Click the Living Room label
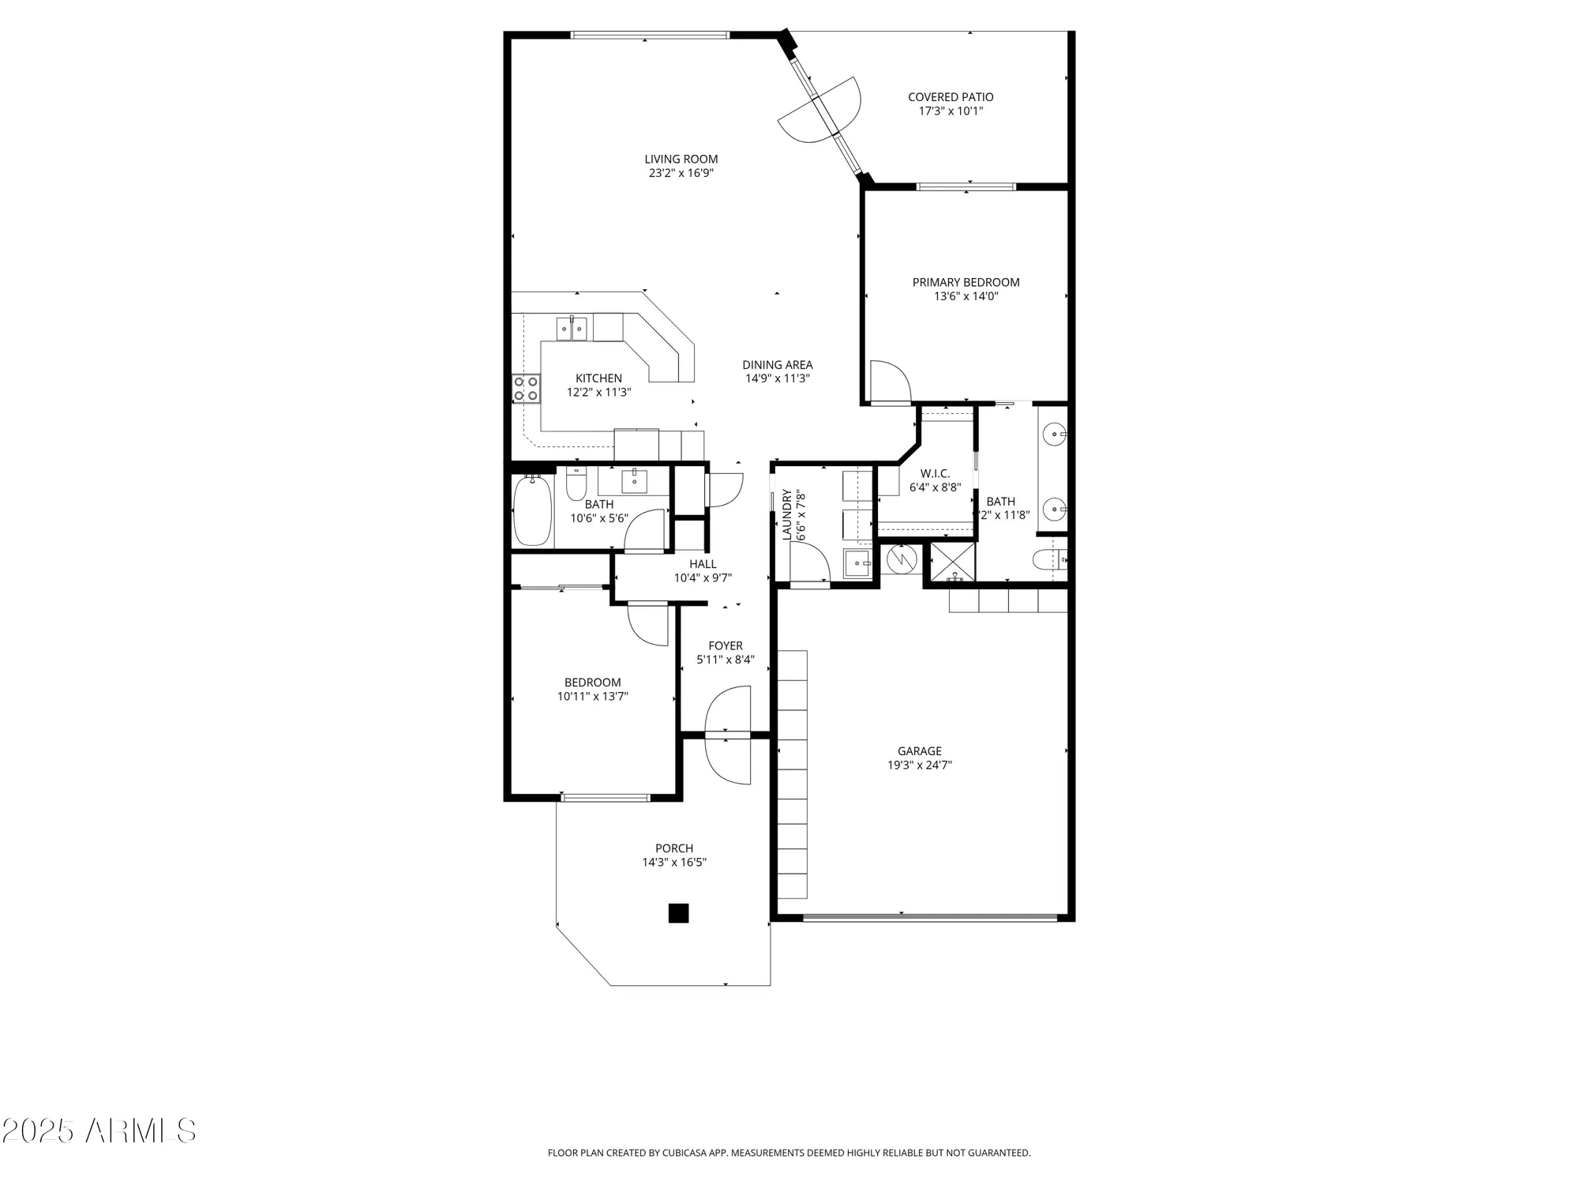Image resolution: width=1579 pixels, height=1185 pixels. [681, 159]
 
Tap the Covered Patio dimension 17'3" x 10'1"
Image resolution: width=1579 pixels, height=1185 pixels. [951, 111]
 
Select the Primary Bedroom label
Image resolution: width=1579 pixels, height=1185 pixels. [966, 282]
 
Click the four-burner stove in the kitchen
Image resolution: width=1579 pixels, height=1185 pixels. [526, 388]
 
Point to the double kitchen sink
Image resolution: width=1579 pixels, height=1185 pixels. [572, 327]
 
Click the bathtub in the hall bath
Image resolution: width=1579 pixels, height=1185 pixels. [532, 510]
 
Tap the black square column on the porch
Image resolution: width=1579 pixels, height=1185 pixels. [678, 912]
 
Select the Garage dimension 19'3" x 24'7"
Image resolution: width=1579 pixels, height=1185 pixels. [919, 765]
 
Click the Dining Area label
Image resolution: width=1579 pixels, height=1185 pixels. [777, 365]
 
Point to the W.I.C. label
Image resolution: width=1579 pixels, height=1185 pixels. [935, 473]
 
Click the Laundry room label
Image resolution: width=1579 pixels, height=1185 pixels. [787, 515]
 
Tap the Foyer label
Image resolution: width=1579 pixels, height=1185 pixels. [725, 645]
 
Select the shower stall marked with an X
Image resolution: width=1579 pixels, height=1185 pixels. [954, 562]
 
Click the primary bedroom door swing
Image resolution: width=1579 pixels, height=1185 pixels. [888, 382]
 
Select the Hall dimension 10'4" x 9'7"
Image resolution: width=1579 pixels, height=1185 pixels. [703, 578]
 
